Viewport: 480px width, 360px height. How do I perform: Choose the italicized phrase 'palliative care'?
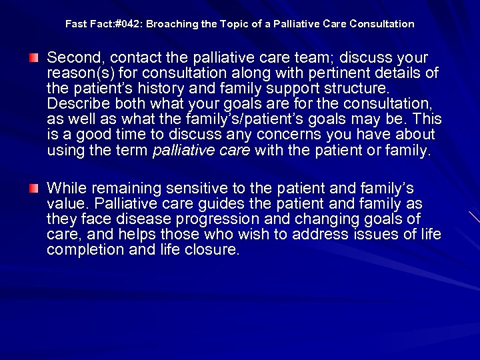pos(201,151)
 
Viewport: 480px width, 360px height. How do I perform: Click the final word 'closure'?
pos(215,250)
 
